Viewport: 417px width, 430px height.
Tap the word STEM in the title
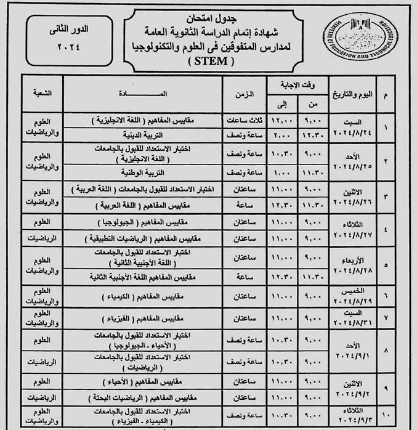[x=209, y=61]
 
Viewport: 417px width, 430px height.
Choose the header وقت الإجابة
[x=297, y=85]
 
